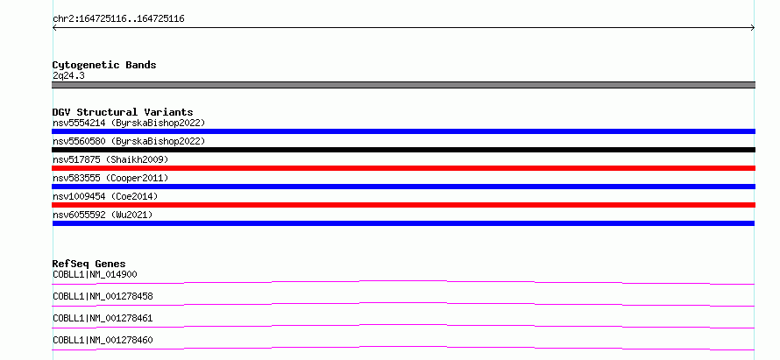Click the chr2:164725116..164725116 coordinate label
point(118,19)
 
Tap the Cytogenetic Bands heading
point(104,65)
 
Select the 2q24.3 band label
point(68,75)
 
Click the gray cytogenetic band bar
point(403,85)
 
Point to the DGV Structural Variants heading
point(123,112)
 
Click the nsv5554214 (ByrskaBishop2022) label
point(129,123)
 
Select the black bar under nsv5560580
point(403,150)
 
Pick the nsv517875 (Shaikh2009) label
point(110,159)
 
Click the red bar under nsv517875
point(403,168)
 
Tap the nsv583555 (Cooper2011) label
point(110,178)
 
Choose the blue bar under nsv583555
point(403,187)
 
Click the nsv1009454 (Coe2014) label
point(105,196)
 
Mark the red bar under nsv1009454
point(403,205)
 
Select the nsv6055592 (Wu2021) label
point(103,215)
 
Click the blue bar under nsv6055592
point(403,223)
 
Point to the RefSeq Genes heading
point(89,264)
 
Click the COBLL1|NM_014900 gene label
point(95,274)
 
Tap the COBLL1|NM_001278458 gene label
point(103,296)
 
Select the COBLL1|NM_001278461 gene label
point(103,318)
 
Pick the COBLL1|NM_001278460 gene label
point(103,340)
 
